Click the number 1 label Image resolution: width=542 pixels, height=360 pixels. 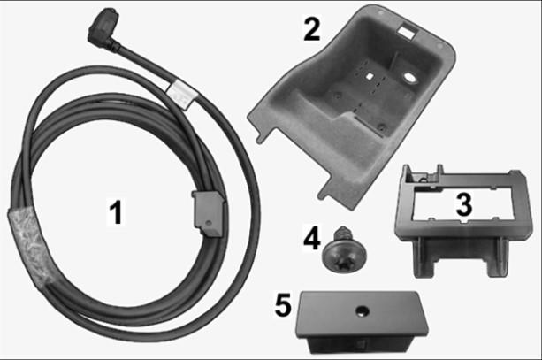pyautogui.click(x=116, y=211)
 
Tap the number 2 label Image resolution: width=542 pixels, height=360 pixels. pyautogui.click(x=312, y=29)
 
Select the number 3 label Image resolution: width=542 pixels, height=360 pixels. pyautogui.click(x=464, y=203)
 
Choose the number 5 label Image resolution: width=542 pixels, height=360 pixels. pyautogui.click(x=283, y=304)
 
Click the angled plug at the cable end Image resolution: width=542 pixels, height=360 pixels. pyautogui.click(x=103, y=28)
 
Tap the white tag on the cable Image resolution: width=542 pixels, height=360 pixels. pyautogui.click(x=182, y=95)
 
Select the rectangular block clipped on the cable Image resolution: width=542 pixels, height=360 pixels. pyautogui.click(x=210, y=214)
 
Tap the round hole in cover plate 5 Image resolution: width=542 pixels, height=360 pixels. pyautogui.click(x=363, y=311)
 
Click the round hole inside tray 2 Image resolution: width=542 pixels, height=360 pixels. pyautogui.click(x=410, y=78)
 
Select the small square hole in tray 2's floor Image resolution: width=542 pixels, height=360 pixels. pyautogui.click(x=370, y=75)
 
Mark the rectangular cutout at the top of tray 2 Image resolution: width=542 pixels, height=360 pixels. pyautogui.click(x=407, y=32)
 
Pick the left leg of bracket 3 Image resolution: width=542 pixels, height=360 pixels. pyautogui.click(x=424, y=257)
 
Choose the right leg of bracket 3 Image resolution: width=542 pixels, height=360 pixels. pyautogui.click(x=498, y=257)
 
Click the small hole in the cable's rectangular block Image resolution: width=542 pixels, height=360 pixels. pyautogui.click(x=208, y=224)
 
